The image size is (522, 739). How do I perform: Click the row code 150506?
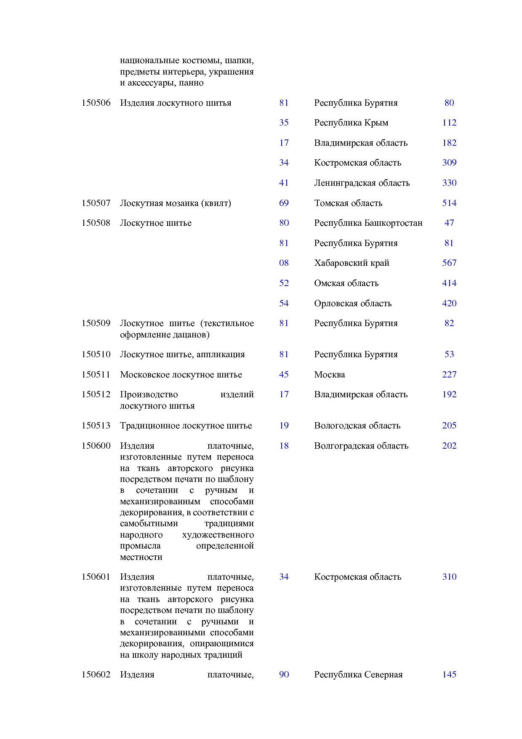point(96,103)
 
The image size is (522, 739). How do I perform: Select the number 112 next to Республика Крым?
point(449,123)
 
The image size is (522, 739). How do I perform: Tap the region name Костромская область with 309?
point(357,163)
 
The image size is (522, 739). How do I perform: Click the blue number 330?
point(449,183)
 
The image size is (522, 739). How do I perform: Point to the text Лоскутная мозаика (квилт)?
point(175,203)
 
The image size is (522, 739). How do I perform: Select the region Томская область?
point(348,203)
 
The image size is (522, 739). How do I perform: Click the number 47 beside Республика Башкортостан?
point(449,223)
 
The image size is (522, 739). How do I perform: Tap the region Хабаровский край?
point(352,263)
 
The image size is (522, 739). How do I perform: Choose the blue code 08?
point(284,263)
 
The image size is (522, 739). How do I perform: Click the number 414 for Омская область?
point(449,283)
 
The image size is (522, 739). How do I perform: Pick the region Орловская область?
point(353,303)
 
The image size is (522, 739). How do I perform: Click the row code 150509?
point(96,323)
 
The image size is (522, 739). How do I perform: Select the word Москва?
point(329,375)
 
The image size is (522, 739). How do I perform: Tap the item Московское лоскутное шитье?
point(181,375)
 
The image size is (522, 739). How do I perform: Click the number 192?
point(449,394)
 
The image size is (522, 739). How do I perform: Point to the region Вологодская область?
point(357,426)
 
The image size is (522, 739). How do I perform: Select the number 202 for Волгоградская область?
point(449,446)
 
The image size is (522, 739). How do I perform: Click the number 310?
point(449,577)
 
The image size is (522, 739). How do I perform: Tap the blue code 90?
point(284,675)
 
